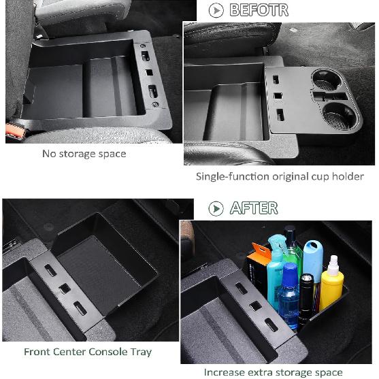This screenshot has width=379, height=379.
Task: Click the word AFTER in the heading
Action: [x=253, y=208]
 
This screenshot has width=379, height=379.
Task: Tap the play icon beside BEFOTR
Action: [x=216, y=10]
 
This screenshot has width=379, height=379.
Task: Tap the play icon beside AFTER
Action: [x=216, y=208]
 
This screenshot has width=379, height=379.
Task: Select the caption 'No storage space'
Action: [x=84, y=154]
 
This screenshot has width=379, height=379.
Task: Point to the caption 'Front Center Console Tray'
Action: [x=88, y=352]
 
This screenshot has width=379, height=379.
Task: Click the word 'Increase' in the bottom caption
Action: [x=225, y=372]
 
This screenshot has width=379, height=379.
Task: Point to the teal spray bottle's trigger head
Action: [x=278, y=244]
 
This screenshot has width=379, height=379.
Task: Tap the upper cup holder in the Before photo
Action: [x=329, y=82]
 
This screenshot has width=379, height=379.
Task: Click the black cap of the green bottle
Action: [x=290, y=233]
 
